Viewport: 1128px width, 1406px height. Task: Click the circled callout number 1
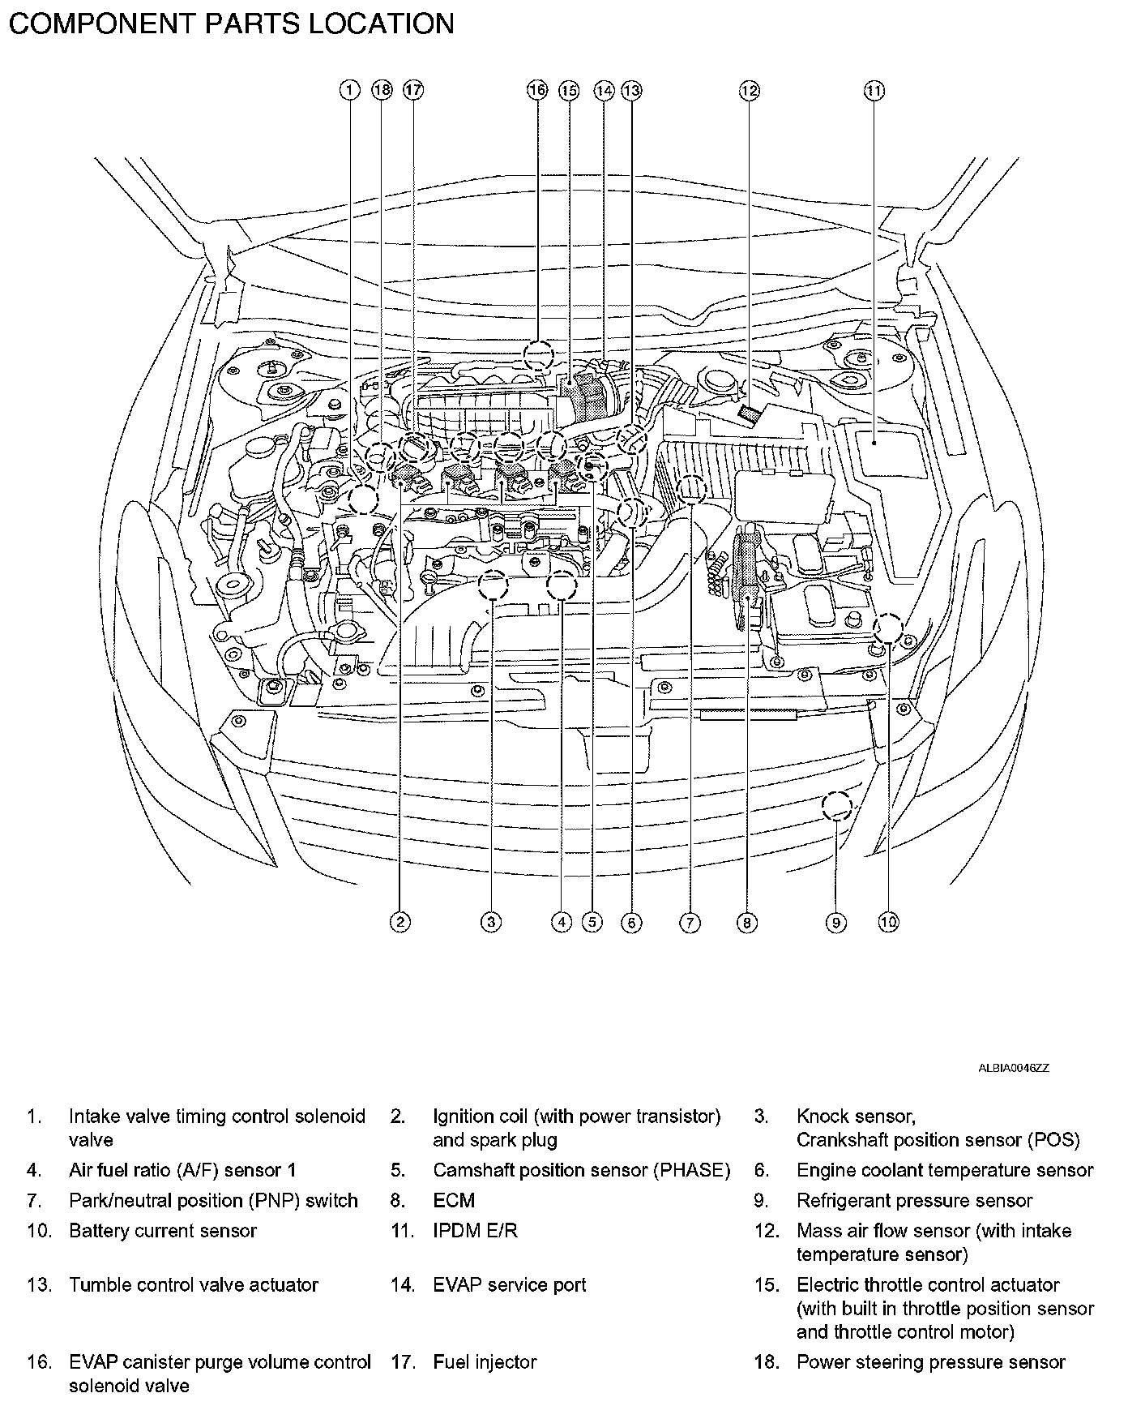349,90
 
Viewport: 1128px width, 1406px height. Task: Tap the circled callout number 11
874,90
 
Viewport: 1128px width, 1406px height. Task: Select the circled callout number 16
537,90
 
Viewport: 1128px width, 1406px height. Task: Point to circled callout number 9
835,922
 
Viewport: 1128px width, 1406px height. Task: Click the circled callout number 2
399,922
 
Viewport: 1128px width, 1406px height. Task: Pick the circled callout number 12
750,90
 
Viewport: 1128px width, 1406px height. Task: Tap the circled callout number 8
746,922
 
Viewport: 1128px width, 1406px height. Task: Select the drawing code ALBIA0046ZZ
1013,1068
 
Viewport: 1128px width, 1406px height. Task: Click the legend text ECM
454,1200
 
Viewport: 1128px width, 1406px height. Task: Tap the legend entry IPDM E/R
474,1231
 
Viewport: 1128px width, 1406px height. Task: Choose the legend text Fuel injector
485,1362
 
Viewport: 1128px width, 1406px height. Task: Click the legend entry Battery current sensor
162,1231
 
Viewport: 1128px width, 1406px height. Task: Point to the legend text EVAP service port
509,1284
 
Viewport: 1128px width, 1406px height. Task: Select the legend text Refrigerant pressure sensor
914,1200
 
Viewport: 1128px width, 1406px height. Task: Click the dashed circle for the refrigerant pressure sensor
836,806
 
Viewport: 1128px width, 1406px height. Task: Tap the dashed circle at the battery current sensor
888,628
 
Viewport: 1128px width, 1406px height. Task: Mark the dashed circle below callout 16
537,355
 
